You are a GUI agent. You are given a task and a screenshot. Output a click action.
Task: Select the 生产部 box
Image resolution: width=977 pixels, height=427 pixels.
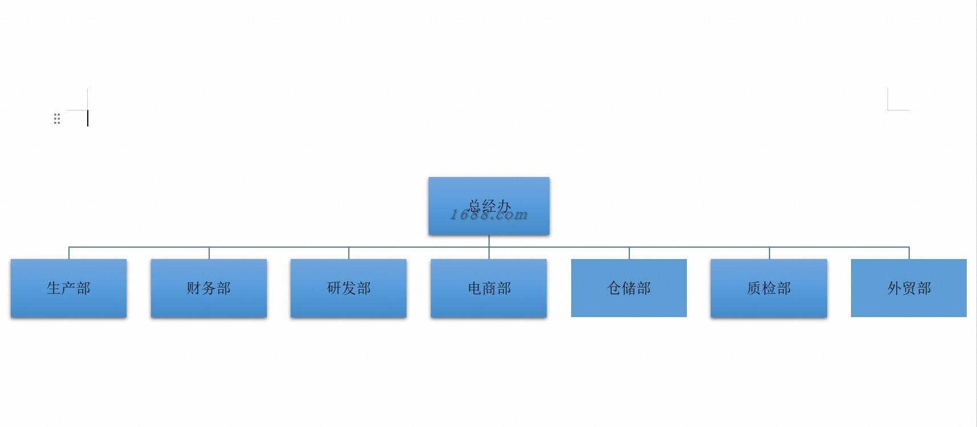coord(68,288)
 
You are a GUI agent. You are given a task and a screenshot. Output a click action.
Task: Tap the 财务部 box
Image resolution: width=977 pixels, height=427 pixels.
coord(209,288)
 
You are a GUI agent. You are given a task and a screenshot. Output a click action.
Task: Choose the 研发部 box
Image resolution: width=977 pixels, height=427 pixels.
coord(348,288)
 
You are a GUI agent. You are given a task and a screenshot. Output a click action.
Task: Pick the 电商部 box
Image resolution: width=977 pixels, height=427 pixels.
coord(488,288)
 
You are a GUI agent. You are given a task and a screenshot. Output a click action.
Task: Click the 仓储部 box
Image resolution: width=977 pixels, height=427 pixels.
coord(629,288)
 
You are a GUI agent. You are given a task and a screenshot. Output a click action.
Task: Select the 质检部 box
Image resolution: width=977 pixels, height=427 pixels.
coord(768,288)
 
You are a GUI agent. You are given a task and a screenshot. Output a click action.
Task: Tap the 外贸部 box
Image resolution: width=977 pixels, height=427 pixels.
coord(909,288)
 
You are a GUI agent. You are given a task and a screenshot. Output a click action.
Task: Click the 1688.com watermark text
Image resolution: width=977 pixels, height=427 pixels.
coord(489,215)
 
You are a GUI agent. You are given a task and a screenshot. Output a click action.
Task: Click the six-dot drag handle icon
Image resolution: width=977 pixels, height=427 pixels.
coord(57,118)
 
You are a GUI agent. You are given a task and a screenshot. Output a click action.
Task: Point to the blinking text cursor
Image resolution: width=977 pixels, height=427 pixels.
coord(88,118)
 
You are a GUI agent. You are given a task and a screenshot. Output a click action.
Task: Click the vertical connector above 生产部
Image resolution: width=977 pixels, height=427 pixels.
coord(69,253)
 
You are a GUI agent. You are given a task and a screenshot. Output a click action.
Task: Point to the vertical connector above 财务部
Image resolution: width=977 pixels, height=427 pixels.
coord(209,253)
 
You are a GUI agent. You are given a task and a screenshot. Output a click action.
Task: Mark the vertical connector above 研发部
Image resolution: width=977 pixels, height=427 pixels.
coord(349,253)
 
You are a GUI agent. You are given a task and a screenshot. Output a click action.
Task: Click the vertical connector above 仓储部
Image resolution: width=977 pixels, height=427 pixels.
coord(629,253)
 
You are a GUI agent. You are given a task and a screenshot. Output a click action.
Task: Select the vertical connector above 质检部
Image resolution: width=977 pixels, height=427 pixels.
coord(770,253)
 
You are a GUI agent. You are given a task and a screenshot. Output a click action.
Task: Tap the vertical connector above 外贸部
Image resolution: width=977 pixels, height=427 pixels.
coord(909,253)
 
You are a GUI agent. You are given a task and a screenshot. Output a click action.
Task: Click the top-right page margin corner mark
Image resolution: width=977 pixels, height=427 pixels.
coord(889,109)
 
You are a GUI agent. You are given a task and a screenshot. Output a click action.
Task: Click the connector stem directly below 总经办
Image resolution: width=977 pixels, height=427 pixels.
coord(489,241)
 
